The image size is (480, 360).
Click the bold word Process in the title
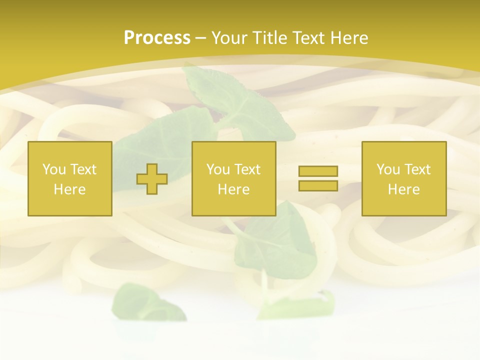157,38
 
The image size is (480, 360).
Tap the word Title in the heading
268,38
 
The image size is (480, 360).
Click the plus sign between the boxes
152,179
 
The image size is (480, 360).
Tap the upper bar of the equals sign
318,171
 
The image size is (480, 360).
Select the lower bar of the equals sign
318,185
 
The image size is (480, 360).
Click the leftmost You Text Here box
70,178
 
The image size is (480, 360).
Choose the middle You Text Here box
234,178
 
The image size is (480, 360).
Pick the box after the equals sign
404,178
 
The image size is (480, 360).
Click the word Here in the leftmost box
70,189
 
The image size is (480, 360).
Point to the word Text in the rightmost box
417,169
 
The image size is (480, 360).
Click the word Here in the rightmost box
404,189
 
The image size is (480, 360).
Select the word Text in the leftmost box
83,169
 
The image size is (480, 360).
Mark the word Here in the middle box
234,189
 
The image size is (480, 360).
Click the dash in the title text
201,38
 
